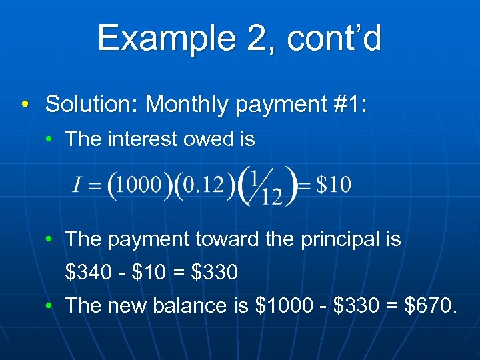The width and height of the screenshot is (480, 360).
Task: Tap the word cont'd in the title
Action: point(335,39)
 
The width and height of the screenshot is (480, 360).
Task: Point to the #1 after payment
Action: point(343,104)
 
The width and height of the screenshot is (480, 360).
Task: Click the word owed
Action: point(206,139)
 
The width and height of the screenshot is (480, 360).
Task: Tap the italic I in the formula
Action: point(77,185)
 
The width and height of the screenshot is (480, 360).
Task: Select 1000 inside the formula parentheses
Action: point(139,185)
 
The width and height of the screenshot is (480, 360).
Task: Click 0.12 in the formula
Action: point(203,185)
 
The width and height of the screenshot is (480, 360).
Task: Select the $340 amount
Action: point(85,273)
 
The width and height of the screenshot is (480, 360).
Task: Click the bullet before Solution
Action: point(25,105)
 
